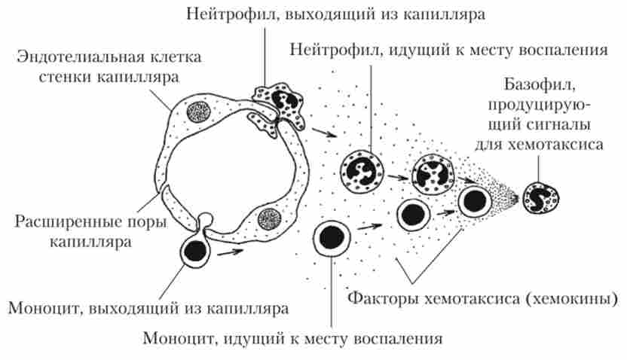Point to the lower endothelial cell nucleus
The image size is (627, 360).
(x=269, y=219)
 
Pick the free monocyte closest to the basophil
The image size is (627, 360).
(x=475, y=201)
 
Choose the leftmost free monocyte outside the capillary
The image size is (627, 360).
(x=332, y=237)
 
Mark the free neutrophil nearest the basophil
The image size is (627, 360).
(x=432, y=172)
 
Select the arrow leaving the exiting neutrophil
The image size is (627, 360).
(x=321, y=133)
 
